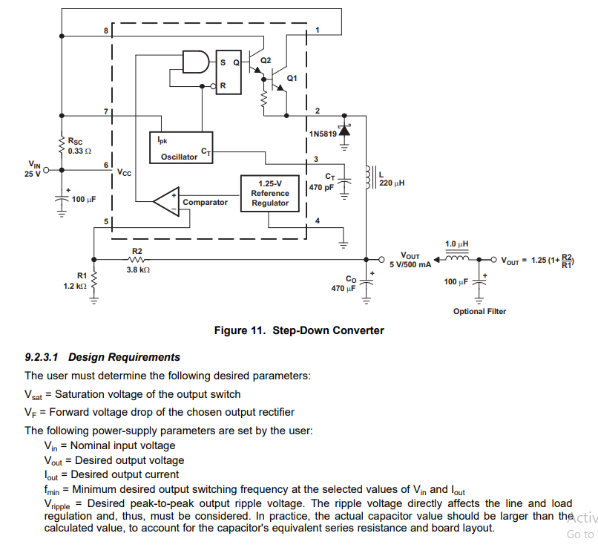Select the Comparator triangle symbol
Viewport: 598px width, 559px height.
pyautogui.click(x=165, y=202)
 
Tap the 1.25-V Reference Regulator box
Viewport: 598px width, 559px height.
pyautogui.click(x=269, y=193)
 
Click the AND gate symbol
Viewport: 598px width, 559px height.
pyautogui.click(x=195, y=62)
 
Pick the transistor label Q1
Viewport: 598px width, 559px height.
pyautogui.click(x=291, y=78)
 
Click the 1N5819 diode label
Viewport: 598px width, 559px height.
pyautogui.click(x=323, y=134)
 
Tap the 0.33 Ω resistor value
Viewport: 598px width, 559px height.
pyautogui.click(x=79, y=151)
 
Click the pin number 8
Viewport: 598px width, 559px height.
pyautogui.click(x=106, y=30)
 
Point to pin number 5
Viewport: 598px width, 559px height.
pyautogui.click(x=106, y=221)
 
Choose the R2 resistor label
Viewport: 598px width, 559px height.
pyautogui.click(x=137, y=251)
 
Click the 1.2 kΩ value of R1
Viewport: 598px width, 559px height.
pyautogui.click(x=75, y=285)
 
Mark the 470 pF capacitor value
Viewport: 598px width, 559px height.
pyautogui.click(x=321, y=188)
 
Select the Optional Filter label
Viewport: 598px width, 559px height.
pyautogui.click(x=479, y=311)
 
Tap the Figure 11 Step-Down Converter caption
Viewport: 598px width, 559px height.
pyautogui.click(x=299, y=330)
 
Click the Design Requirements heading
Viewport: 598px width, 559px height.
pyautogui.click(x=124, y=357)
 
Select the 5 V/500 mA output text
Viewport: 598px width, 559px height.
pyautogui.click(x=410, y=264)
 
